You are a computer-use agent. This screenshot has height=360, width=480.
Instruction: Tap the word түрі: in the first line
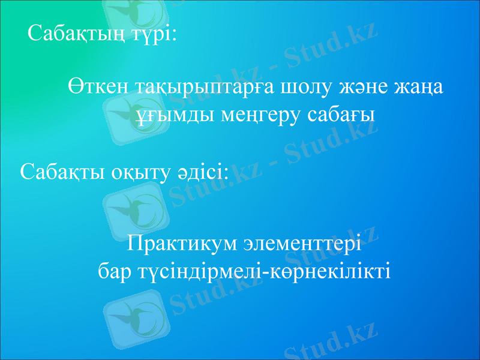(x=154, y=32)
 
